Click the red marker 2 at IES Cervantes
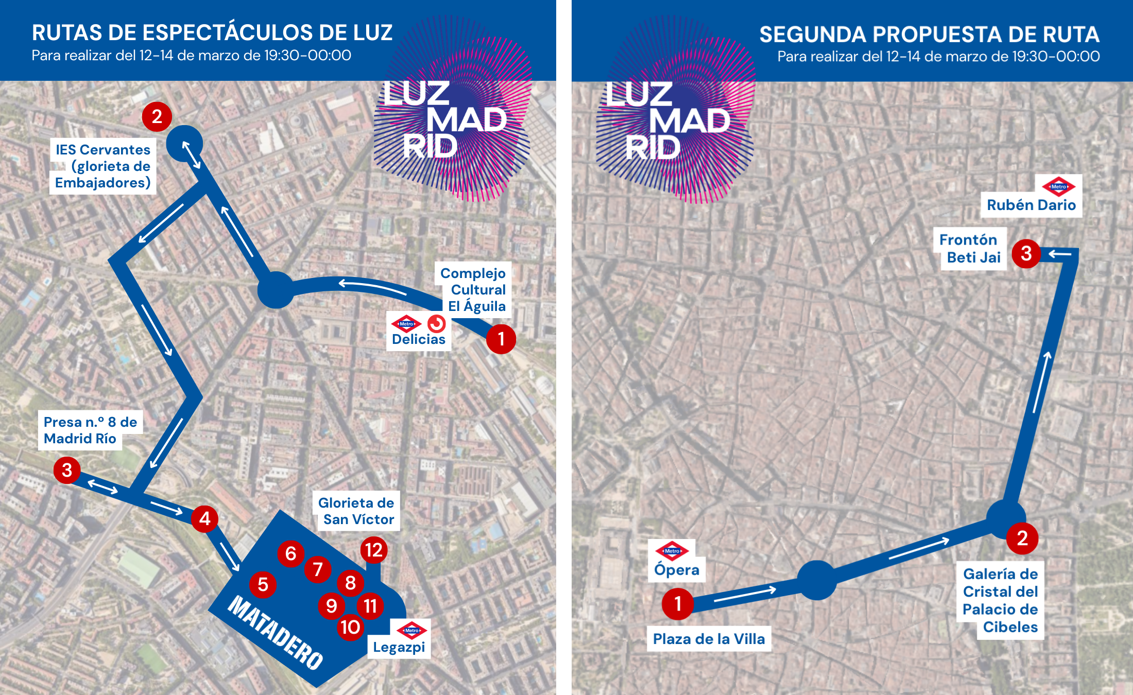click(x=157, y=117)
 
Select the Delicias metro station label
click(x=418, y=339)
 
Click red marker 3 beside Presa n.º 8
click(x=67, y=470)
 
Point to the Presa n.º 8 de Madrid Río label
click(x=90, y=430)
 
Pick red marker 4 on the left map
click(x=205, y=518)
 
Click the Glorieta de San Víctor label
click(x=356, y=511)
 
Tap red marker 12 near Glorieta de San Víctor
click(x=374, y=550)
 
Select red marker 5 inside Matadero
click(x=263, y=584)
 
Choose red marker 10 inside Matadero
click(x=351, y=627)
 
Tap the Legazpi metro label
click(x=399, y=647)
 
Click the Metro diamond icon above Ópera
click(x=672, y=551)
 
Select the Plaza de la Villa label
click(x=709, y=639)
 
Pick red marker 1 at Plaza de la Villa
click(x=678, y=603)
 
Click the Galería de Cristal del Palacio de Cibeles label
click(x=1000, y=600)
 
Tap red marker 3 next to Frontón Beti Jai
click(x=1026, y=253)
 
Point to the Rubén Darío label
click(x=1031, y=205)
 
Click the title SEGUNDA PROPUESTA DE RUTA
click(x=929, y=34)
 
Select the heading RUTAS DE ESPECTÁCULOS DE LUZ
click(x=212, y=32)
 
